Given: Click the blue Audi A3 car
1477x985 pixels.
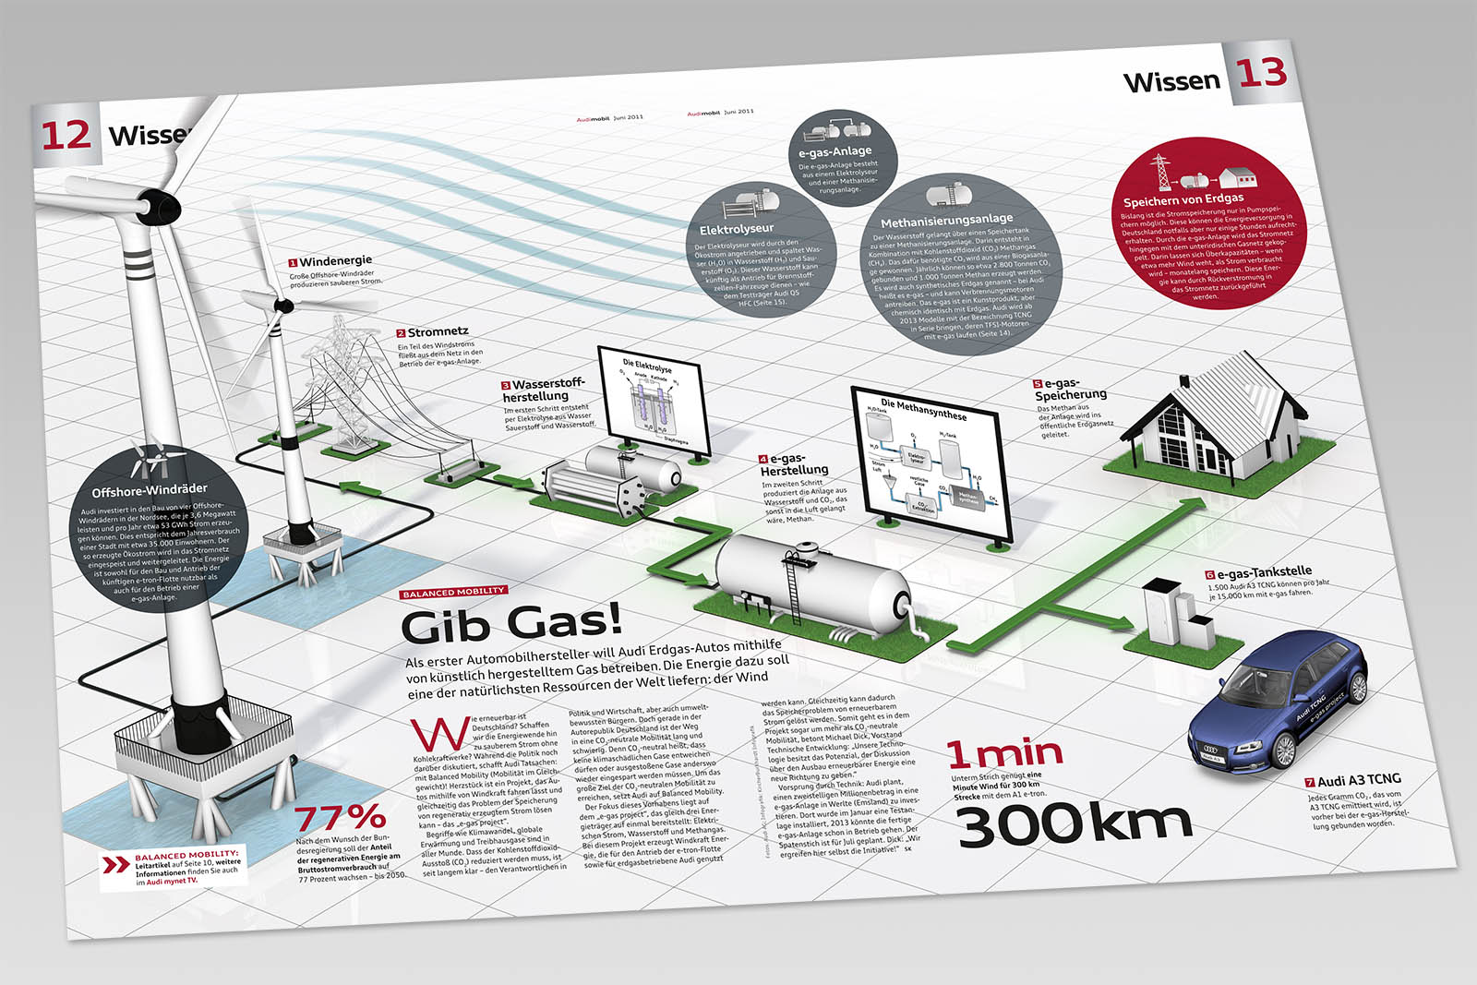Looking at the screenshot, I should (1279, 705).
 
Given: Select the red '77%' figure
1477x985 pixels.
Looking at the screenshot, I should (340, 817).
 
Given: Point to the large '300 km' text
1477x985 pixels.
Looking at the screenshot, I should (1075, 824).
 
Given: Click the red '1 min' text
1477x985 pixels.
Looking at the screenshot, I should (1004, 753).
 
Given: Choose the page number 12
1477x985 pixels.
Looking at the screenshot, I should (66, 136).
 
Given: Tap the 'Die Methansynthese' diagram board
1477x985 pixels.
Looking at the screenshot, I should (928, 465).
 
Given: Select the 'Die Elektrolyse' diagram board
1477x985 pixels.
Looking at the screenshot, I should (654, 402).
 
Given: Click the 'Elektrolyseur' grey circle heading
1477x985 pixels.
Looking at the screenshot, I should (736, 228).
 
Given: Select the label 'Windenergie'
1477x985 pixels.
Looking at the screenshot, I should (335, 261).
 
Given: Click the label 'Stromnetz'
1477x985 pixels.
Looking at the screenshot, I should (438, 331).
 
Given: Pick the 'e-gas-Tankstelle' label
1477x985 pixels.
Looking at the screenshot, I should (1263, 572).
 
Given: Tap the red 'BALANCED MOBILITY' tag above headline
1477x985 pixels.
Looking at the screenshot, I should (454, 591).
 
